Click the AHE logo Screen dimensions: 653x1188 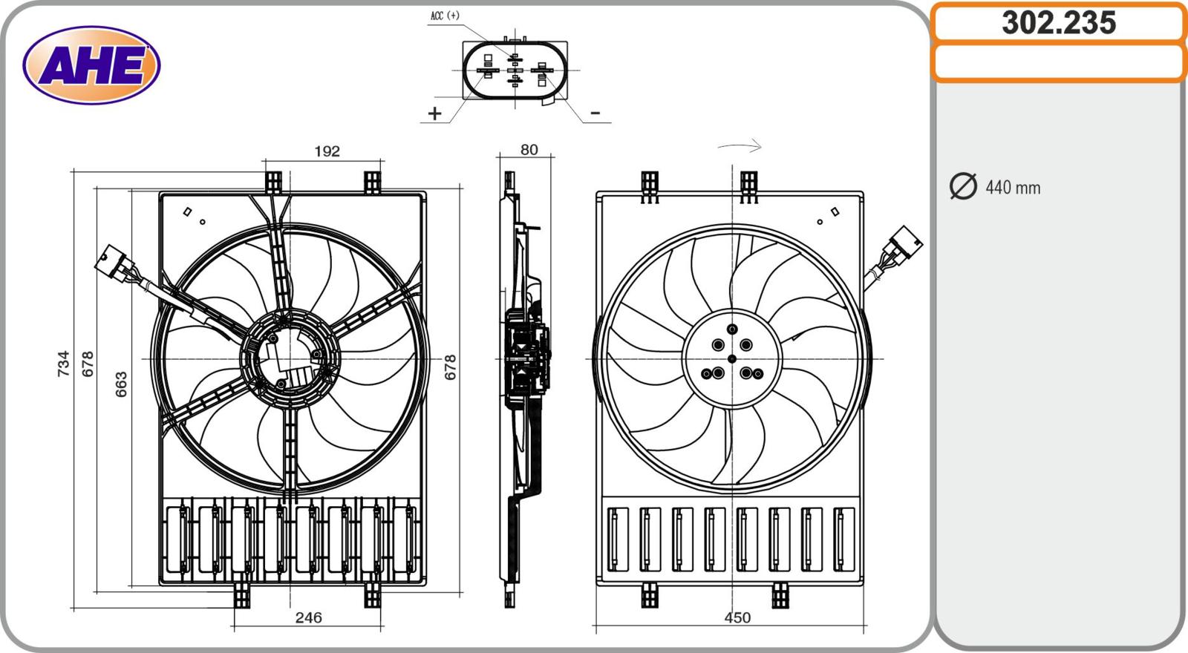91,65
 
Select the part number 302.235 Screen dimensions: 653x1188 1058,23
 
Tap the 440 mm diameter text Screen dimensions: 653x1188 1013,188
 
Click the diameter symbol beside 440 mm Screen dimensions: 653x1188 963,186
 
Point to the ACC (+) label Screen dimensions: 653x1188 445,16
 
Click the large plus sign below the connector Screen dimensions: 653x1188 434,114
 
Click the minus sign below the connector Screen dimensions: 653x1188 595,114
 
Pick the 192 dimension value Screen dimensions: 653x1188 327,151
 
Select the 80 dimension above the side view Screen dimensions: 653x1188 529,150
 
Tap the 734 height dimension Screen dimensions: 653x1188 64,364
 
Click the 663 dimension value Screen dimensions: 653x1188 121,384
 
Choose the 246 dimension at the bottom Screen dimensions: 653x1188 309,617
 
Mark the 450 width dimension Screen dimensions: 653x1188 737,617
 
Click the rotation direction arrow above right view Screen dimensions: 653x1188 740,146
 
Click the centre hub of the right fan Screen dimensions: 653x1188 732,359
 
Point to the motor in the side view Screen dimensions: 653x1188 527,359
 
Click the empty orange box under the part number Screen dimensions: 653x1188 1058,62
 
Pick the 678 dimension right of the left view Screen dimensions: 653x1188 450,367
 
